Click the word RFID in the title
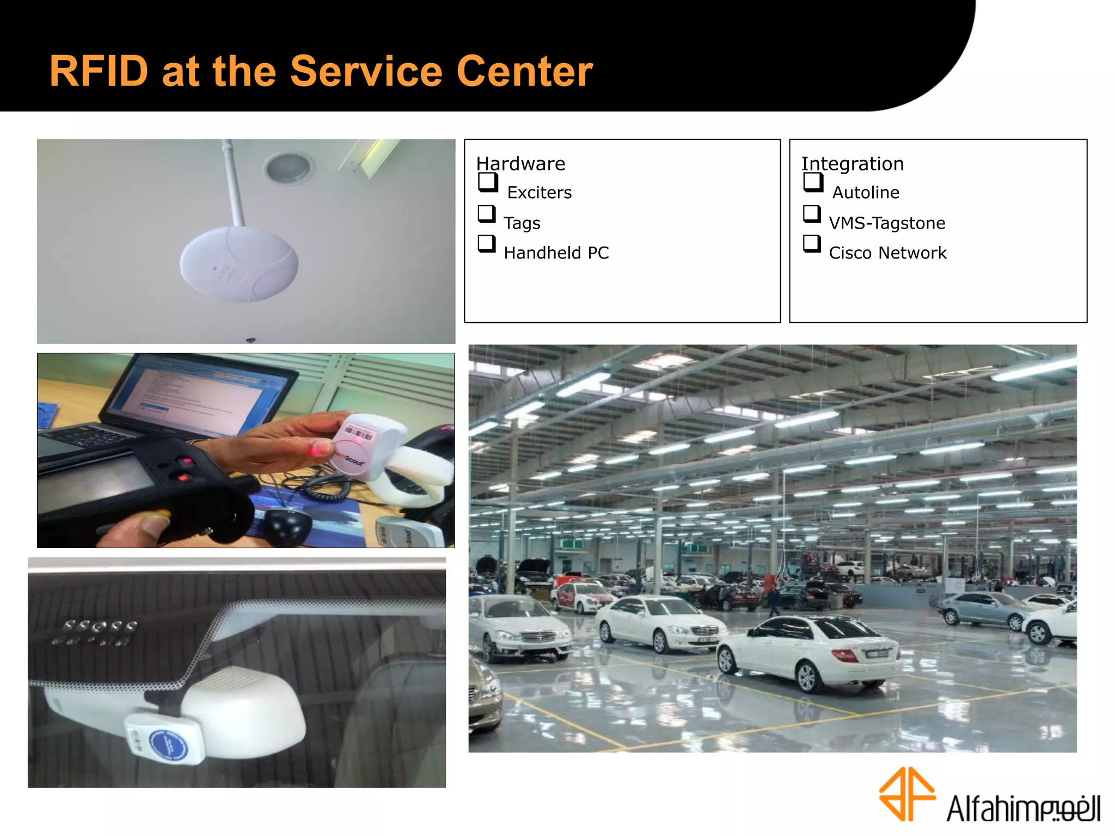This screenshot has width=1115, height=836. click(99, 71)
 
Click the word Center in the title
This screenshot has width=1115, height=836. click(524, 71)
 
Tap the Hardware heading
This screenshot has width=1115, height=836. click(520, 163)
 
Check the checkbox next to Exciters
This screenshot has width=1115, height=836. click(488, 182)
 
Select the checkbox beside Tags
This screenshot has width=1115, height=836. click(486, 214)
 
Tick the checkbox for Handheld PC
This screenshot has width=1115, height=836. click(486, 243)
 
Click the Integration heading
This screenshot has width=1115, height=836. click(852, 163)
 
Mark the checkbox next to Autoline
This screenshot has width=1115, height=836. click(813, 182)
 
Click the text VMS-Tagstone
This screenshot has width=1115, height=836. click(887, 223)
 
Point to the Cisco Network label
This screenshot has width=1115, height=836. click(887, 253)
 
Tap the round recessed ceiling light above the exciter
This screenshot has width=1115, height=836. click(288, 167)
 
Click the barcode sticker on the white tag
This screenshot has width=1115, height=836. click(358, 433)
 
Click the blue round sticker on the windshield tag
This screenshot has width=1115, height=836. click(168, 745)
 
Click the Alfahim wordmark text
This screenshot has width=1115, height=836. click(1023, 808)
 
